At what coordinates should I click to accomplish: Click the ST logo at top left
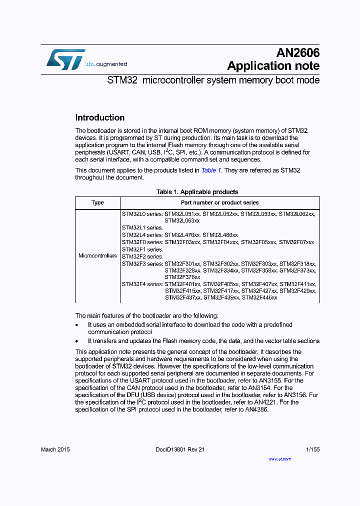(65, 59)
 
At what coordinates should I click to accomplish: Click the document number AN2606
(298, 53)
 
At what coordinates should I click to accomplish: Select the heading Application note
(273, 66)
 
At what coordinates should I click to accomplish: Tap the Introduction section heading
(99, 118)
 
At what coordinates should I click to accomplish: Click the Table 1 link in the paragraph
(211, 170)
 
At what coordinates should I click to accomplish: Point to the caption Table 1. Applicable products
(197, 192)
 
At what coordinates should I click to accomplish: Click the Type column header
(97, 202)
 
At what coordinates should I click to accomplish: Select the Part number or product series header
(219, 202)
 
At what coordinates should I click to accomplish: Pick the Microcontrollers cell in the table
(97, 255)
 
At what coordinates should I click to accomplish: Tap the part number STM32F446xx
(259, 297)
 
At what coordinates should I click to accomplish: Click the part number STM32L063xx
(182, 220)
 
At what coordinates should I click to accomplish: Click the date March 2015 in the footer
(55, 449)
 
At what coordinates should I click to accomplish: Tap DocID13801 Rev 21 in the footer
(177, 449)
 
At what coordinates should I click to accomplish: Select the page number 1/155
(312, 449)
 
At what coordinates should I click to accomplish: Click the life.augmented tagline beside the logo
(106, 64)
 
